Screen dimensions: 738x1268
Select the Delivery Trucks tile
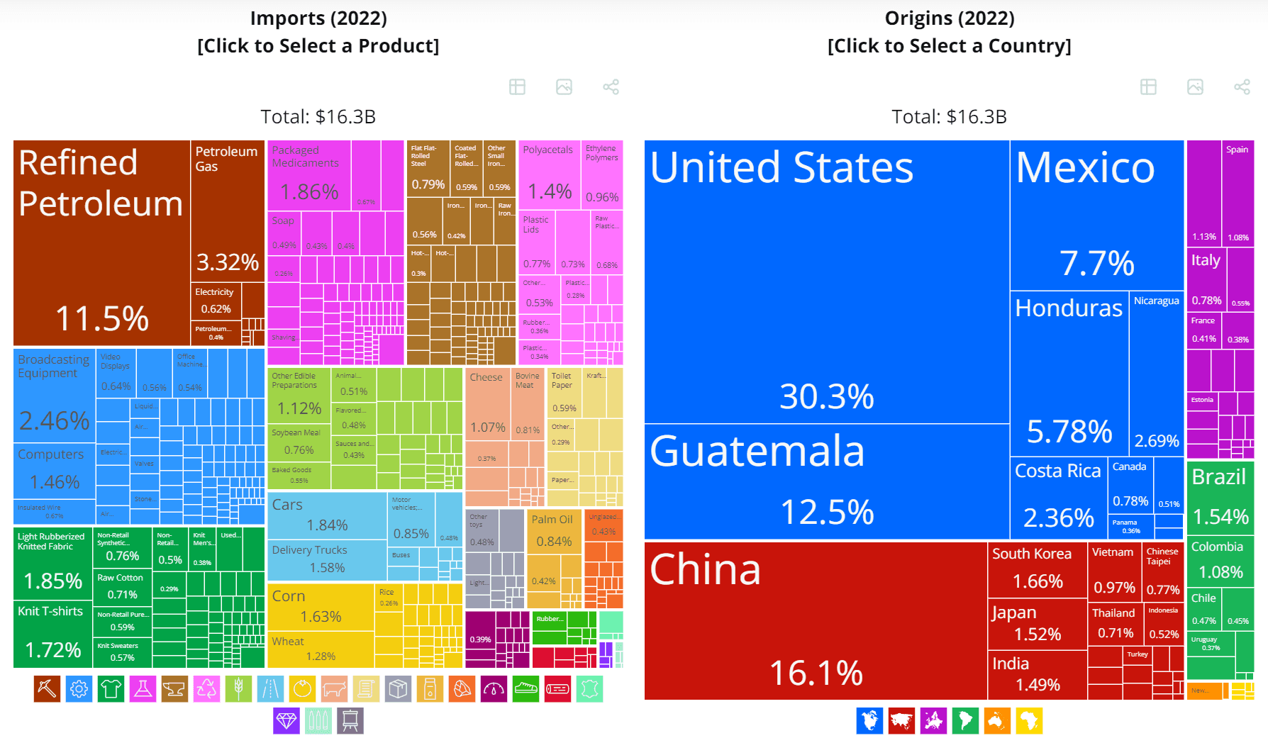[x=327, y=559]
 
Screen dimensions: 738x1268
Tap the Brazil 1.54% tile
[x=1220, y=497]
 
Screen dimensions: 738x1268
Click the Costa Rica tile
[x=1058, y=497]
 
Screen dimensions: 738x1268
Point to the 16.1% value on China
[x=816, y=672]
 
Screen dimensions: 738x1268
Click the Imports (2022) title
[x=318, y=18]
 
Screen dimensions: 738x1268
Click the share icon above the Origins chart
[x=1242, y=87]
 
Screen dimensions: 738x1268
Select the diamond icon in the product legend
[x=287, y=721]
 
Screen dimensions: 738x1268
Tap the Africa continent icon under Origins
[x=1029, y=721]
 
